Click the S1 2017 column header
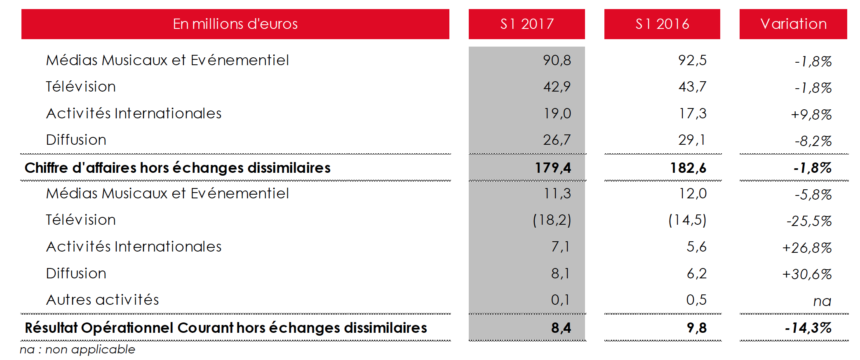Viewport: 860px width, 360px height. [x=526, y=24]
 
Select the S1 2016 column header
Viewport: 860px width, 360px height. [x=662, y=24]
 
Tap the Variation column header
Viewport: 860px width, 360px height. [x=793, y=24]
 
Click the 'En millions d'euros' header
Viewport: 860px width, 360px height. [x=235, y=24]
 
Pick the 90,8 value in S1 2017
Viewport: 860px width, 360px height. [x=557, y=60]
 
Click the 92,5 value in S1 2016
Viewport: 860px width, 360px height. [x=692, y=60]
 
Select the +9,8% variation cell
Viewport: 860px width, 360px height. [x=811, y=114]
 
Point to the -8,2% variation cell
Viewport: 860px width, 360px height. [x=813, y=141]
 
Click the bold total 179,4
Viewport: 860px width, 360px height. [x=553, y=168]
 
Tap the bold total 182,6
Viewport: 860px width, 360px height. [x=688, y=168]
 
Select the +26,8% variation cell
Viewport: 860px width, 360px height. [x=807, y=247]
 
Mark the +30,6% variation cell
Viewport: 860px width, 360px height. [x=807, y=274]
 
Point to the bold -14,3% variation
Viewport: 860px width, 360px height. [x=808, y=328]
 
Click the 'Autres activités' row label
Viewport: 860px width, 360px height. [x=102, y=300]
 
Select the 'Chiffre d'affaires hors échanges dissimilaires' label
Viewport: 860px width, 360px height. [x=177, y=168]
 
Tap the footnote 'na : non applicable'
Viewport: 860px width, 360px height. [x=78, y=350]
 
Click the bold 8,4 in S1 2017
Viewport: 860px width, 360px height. [x=561, y=328]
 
